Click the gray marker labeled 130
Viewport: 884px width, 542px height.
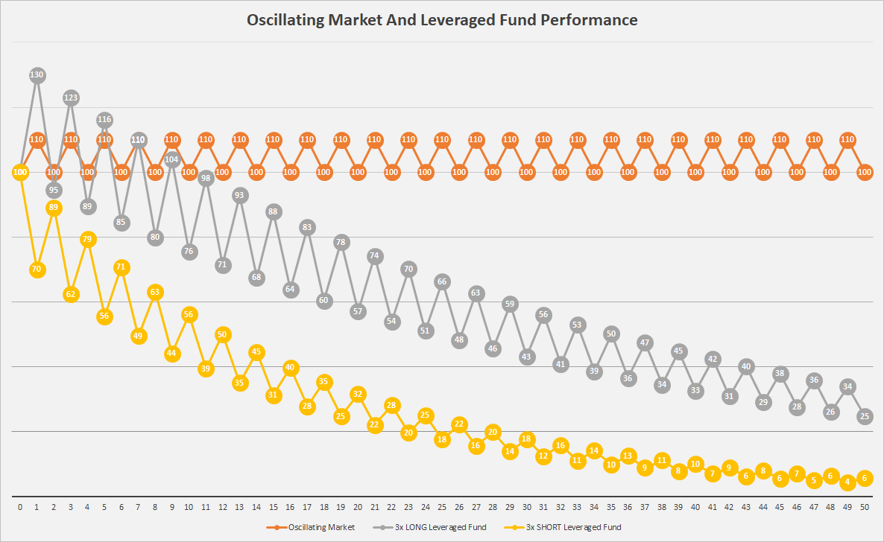(37, 74)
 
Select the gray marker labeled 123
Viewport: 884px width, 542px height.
(71, 98)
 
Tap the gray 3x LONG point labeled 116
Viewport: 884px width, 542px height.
(104, 119)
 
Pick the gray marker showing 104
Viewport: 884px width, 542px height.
(172, 159)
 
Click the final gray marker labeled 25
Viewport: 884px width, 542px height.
(865, 417)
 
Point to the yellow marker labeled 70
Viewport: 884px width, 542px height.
(37, 270)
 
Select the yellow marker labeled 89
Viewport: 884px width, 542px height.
(54, 208)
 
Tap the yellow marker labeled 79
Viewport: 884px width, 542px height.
(87, 239)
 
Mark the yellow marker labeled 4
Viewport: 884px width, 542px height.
(847, 482)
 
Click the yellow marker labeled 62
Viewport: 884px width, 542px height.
(71, 294)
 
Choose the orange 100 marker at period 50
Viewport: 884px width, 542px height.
(865, 172)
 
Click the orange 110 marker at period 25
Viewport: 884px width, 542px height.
(442, 139)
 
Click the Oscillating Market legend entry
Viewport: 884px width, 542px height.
(310, 527)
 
